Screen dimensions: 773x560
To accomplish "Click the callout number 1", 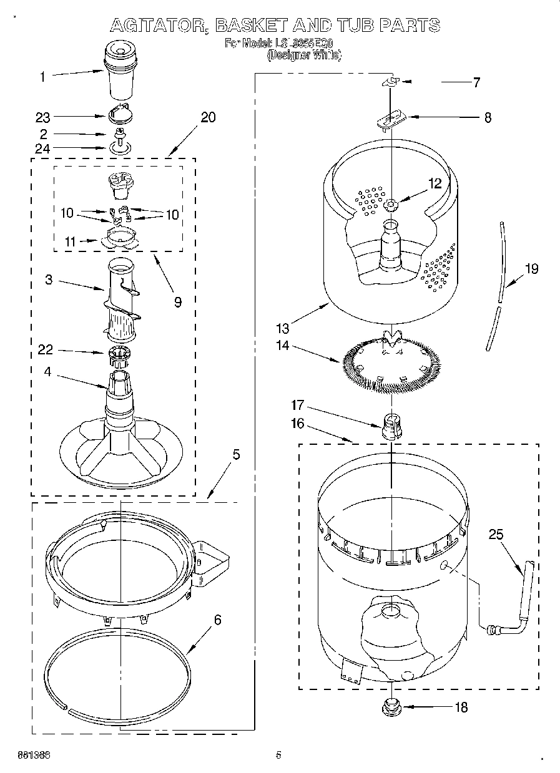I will point(42,77).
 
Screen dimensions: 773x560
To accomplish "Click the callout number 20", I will point(208,117).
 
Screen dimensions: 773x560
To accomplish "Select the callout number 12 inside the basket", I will point(435,183).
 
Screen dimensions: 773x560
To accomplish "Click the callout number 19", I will point(531,269).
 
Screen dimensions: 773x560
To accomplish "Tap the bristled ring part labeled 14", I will point(391,364).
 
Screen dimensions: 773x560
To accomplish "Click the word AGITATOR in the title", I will point(158,26).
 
